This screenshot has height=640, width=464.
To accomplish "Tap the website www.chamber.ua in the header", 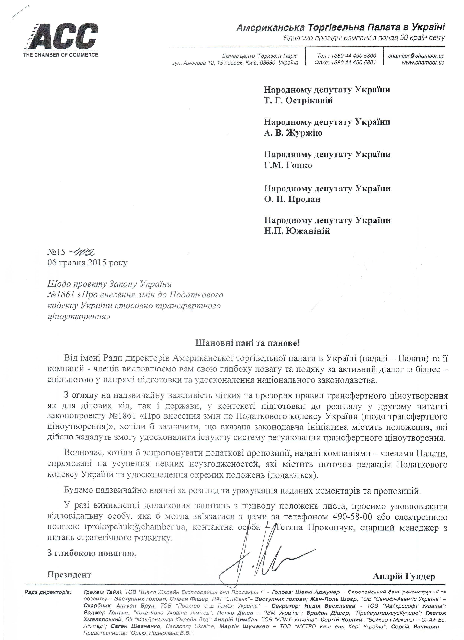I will click(423, 63).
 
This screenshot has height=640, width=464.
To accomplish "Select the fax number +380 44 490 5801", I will click(346, 63).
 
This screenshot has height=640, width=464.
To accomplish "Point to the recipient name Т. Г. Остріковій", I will click(298, 101).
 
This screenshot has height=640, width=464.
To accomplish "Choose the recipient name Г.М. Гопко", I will click(288, 165).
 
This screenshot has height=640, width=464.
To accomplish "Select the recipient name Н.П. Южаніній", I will click(297, 231).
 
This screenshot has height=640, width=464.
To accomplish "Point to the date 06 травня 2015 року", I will click(88, 263).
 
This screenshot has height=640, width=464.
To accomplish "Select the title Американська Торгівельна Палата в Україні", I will click(340, 27).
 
